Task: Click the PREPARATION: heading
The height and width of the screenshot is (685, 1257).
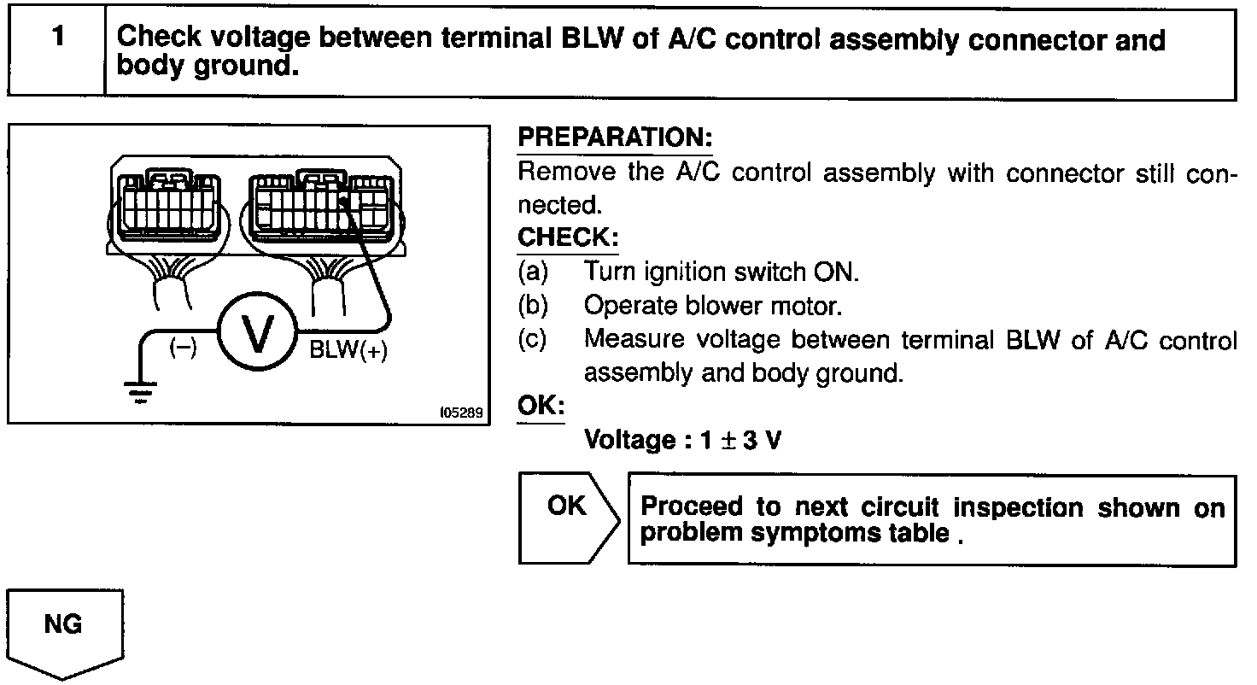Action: [615, 138]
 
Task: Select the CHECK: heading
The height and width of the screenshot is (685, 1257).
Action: [568, 237]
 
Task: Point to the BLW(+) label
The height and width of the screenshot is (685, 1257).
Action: [348, 352]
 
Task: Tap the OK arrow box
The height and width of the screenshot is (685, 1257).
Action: [568, 517]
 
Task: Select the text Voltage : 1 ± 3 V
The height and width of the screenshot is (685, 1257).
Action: [682, 440]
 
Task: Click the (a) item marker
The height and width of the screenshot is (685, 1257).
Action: [534, 272]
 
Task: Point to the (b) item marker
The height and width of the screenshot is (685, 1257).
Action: [534, 306]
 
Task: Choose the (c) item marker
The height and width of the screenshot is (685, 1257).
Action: [534, 340]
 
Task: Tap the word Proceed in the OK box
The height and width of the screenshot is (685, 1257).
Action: [692, 506]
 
